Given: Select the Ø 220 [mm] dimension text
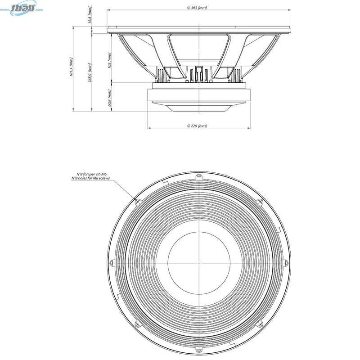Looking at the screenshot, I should click(x=197, y=126).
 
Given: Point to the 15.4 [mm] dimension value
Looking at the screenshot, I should click(x=90, y=18).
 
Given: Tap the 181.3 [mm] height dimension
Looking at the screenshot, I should click(x=72, y=67).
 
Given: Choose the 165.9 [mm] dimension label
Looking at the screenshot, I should click(x=91, y=72).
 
